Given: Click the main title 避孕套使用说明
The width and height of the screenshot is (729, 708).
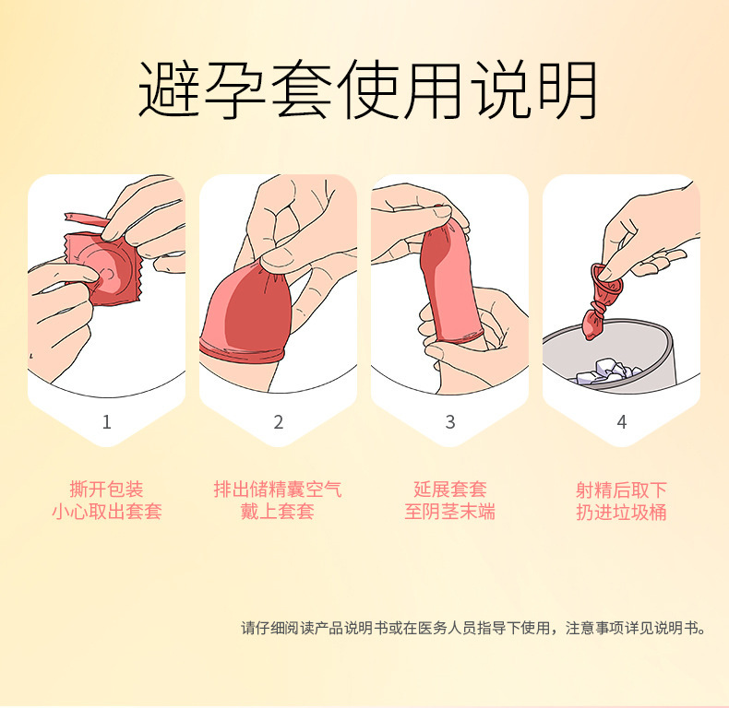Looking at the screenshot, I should [366, 89].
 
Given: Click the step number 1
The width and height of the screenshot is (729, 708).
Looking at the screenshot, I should [106, 422].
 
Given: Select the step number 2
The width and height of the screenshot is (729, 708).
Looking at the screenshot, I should [278, 422].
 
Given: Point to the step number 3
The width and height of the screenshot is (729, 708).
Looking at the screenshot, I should [449, 422].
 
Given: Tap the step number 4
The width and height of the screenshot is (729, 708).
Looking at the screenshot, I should [621, 422].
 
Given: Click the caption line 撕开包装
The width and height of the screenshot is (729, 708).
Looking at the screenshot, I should [106, 489].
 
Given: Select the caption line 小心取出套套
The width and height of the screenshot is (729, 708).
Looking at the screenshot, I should [106, 512].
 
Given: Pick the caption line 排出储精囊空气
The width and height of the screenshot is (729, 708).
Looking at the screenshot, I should [278, 489].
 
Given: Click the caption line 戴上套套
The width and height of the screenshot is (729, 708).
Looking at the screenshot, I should [278, 512].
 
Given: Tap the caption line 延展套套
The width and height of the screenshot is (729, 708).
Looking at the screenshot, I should [449, 489].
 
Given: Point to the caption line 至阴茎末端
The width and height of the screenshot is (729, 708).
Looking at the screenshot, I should [449, 512].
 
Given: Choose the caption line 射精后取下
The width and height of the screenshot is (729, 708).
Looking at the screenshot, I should [621, 489].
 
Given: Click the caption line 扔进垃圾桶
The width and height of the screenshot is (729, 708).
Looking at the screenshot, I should [621, 512].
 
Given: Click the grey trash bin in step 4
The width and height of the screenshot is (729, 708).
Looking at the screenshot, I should [637, 355].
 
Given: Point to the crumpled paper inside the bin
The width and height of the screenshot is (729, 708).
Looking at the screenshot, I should [604, 372].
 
